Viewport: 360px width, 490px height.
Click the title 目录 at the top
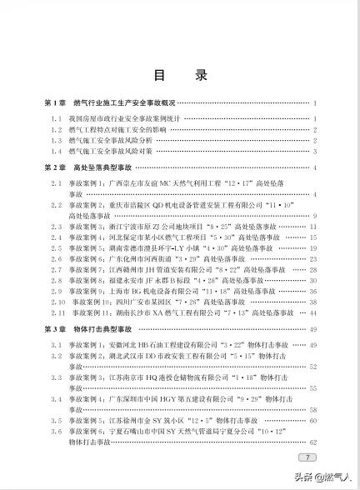click(180, 74)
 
